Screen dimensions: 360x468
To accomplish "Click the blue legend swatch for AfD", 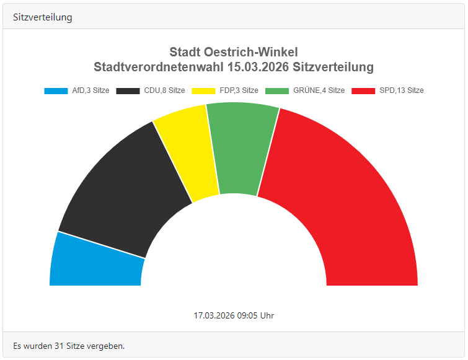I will click(56, 90).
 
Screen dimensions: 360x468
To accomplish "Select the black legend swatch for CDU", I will click(128, 90).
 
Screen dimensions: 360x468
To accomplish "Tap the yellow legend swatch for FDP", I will click(203, 90).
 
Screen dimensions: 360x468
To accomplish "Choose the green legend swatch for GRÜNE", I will click(277, 90).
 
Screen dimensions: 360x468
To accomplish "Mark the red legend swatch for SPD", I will click(363, 90).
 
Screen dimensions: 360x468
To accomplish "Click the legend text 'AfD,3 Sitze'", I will click(91, 90).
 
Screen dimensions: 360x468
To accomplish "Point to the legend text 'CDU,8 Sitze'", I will click(164, 90).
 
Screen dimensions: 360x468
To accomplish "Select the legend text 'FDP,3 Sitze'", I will click(239, 90).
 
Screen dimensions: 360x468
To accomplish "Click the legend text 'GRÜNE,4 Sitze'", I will click(318, 90).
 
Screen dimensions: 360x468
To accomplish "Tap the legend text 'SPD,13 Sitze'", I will click(402, 90).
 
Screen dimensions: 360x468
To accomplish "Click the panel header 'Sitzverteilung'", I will click(43, 17).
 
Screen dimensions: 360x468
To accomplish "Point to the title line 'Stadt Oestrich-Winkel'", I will click(234, 52).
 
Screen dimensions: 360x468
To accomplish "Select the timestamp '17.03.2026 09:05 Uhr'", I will click(234, 315).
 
